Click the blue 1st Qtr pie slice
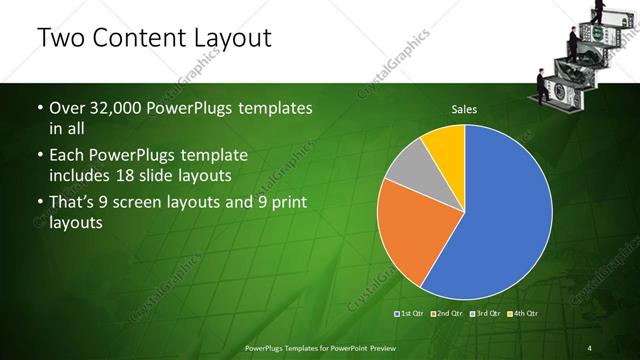(x=500, y=220)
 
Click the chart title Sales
(x=464, y=107)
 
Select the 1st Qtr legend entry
(x=410, y=315)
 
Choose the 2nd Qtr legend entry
(x=447, y=315)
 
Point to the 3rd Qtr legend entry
(x=485, y=315)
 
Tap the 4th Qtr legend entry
(x=523, y=315)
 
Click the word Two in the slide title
(x=59, y=39)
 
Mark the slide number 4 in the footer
(x=589, y=348)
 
